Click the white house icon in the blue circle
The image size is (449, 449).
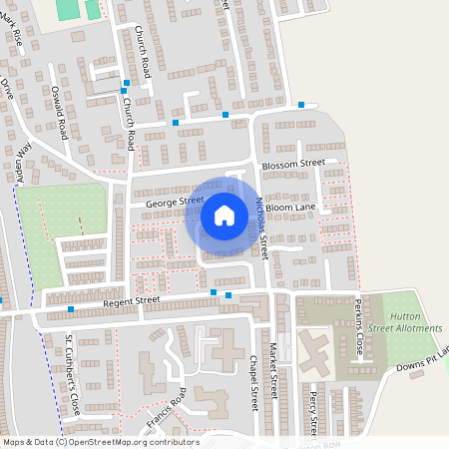click(x=224, y=215)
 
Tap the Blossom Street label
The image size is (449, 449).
click(x=292, y=163)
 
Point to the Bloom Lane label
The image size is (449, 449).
click(x=297, y=208)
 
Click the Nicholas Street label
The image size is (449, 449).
click(x=262, y=224)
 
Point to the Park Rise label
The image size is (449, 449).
click(x=17, y=40)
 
